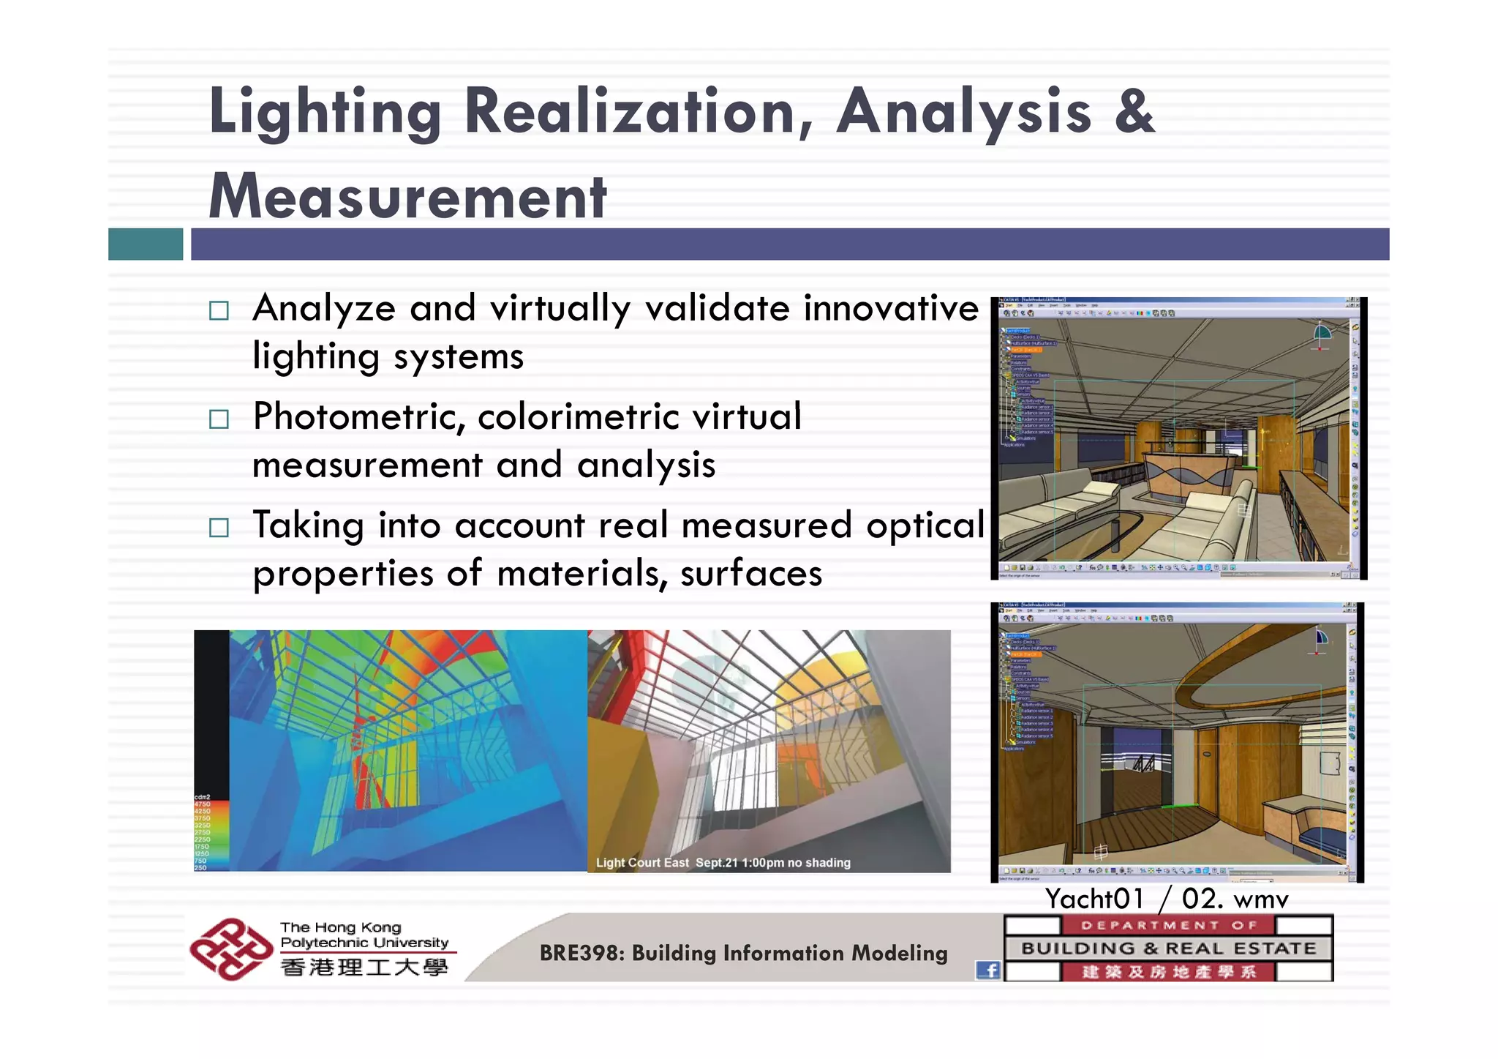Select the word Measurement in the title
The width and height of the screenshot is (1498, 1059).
(x=407, y=197)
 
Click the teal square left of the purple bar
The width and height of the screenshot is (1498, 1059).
(x=146, y=244)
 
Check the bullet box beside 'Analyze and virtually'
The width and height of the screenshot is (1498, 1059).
(x=219, y=310)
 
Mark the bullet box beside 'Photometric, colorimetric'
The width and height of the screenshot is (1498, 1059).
(x=219, y=419)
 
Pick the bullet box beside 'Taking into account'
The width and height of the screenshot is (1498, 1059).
(x=219, y=528)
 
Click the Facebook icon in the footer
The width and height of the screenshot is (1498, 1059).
(x=988, y=970)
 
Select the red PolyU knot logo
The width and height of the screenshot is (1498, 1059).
(x=230, y=948)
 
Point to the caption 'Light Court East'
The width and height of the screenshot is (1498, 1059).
(x=641, y=863)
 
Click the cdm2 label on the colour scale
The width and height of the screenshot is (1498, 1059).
(x=202, y=797)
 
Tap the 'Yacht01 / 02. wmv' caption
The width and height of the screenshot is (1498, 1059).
(x=1166, y=899)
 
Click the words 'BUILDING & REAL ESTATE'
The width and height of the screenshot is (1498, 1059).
(x=1168, y=948)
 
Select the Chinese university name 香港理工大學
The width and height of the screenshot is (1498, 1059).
(x=364, y=968)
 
